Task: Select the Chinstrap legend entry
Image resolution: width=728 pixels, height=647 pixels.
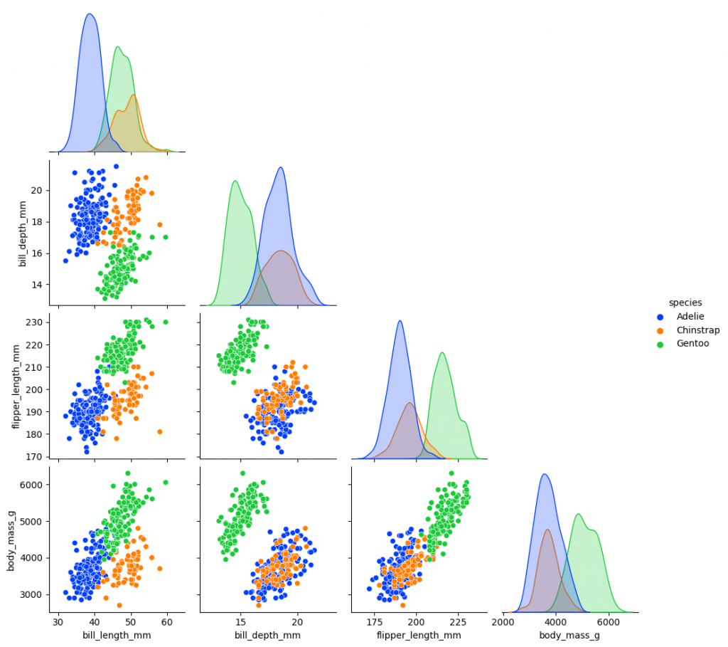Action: pyautogui.click(x=697, y=330)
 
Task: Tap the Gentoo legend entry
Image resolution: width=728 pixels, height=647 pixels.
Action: pyautogui.click(x=692, y=343)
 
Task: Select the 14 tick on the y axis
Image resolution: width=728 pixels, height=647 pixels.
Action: pyautogui.click(x=37, y=284)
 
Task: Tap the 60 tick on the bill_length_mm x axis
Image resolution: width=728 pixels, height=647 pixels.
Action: pyautogui.click(x=167, y=621)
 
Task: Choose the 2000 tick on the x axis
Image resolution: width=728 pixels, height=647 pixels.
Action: pyautogui.click(x=503, y=621)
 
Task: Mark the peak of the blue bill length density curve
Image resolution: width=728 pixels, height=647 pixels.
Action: pyautogui.click(x=90, y=14)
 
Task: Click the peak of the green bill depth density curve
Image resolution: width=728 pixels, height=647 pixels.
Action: pyautogui.click(x=235, y=181)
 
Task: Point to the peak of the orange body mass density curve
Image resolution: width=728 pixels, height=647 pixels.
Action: pyautogui.click(x=547, y=530)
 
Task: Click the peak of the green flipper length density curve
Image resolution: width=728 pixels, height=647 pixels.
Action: pyautogui.click(x=442, y=352)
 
